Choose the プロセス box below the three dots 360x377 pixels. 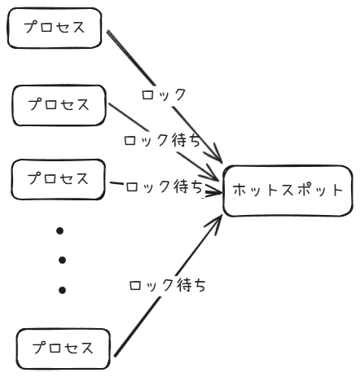(63, 349)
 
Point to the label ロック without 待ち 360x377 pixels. (164, 94)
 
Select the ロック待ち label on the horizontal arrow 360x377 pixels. (164, 187)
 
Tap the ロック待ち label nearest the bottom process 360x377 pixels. (167, 286)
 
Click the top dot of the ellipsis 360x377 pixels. (59, 230)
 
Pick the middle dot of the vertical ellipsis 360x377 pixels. (61, 260)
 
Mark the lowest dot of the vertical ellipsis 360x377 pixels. (61, 289)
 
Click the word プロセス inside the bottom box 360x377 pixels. (63, 349)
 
